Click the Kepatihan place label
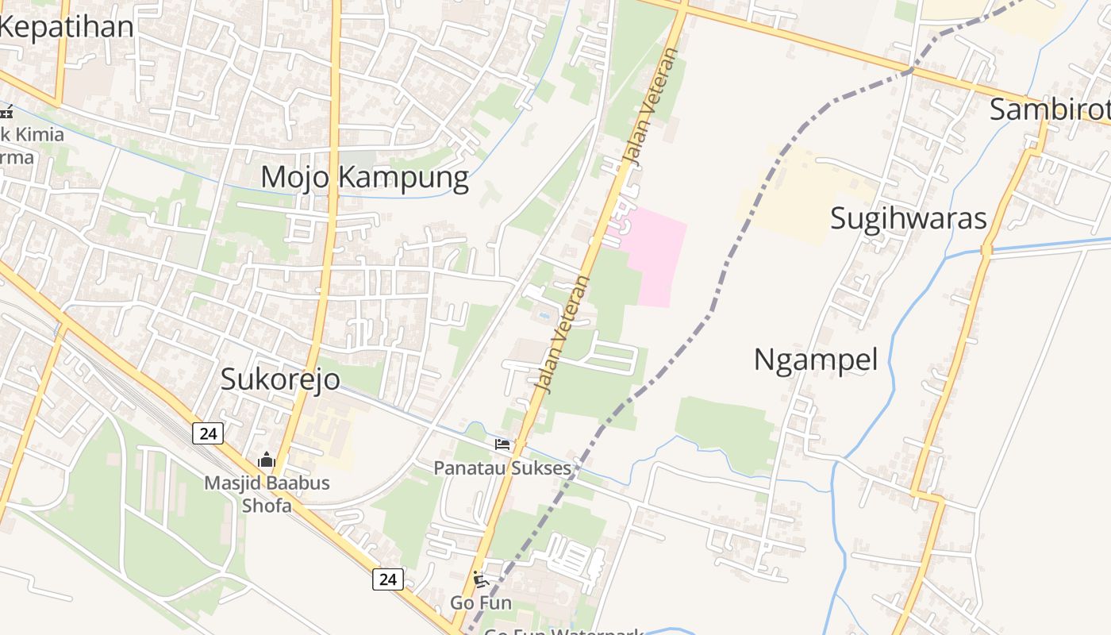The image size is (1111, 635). (x=67, y=26)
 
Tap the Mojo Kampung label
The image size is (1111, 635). (x=364, y=177)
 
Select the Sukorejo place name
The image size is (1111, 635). (x=280, y=379)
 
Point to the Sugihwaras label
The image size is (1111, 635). (x=908, y=218)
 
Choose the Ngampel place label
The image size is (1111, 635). (x=815, y=360)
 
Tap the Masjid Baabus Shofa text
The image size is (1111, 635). (x=267, y=494)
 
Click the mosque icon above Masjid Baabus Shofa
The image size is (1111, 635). (x=266, y=460)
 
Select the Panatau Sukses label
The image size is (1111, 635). (x=502, y=468)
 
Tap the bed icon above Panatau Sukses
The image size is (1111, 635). (x=502, y=444)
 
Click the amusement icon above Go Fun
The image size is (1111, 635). (x=480, y=579)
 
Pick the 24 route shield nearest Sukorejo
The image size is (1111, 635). (x=208, y=433)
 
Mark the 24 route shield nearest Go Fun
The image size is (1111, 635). (x=387, y=579)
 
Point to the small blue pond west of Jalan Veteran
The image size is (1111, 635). (x=544, y=315)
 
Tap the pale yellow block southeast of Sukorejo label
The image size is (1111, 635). (x=329, y=433)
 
